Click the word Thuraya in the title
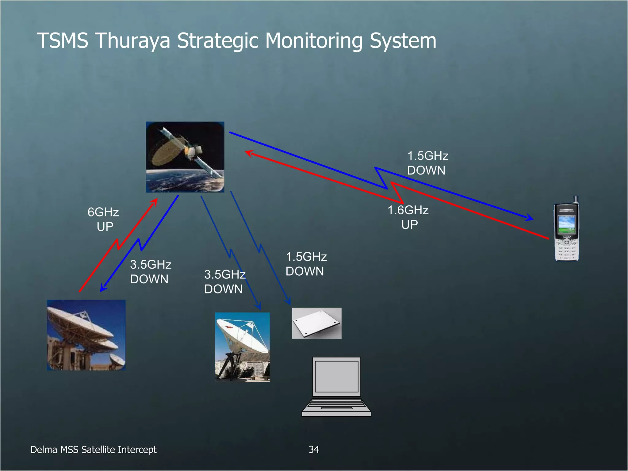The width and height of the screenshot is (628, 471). (132, 40)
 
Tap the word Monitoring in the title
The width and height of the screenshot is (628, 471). (314, 40)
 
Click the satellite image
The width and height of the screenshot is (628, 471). (185, 157)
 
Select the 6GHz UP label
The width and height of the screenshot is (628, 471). (104, 219)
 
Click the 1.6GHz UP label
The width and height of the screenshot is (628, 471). (408, 217)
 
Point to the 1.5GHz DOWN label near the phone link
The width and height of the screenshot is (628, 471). (427, 163)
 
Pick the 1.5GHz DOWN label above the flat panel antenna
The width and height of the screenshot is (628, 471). (306, 264)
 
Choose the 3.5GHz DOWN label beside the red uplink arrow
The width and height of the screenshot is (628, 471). (150, 272)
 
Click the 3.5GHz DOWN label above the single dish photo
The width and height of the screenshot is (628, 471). (224, 281)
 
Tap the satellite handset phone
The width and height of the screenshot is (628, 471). (566, 230)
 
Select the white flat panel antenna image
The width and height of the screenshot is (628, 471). (316, 323)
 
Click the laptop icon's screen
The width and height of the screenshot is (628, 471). (336, 376)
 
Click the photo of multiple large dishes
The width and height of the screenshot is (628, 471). (86, 335)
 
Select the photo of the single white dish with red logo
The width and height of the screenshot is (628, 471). (242, 347)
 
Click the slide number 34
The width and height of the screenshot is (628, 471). (314, 450)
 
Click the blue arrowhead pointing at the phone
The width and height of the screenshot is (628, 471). (530, 218)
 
